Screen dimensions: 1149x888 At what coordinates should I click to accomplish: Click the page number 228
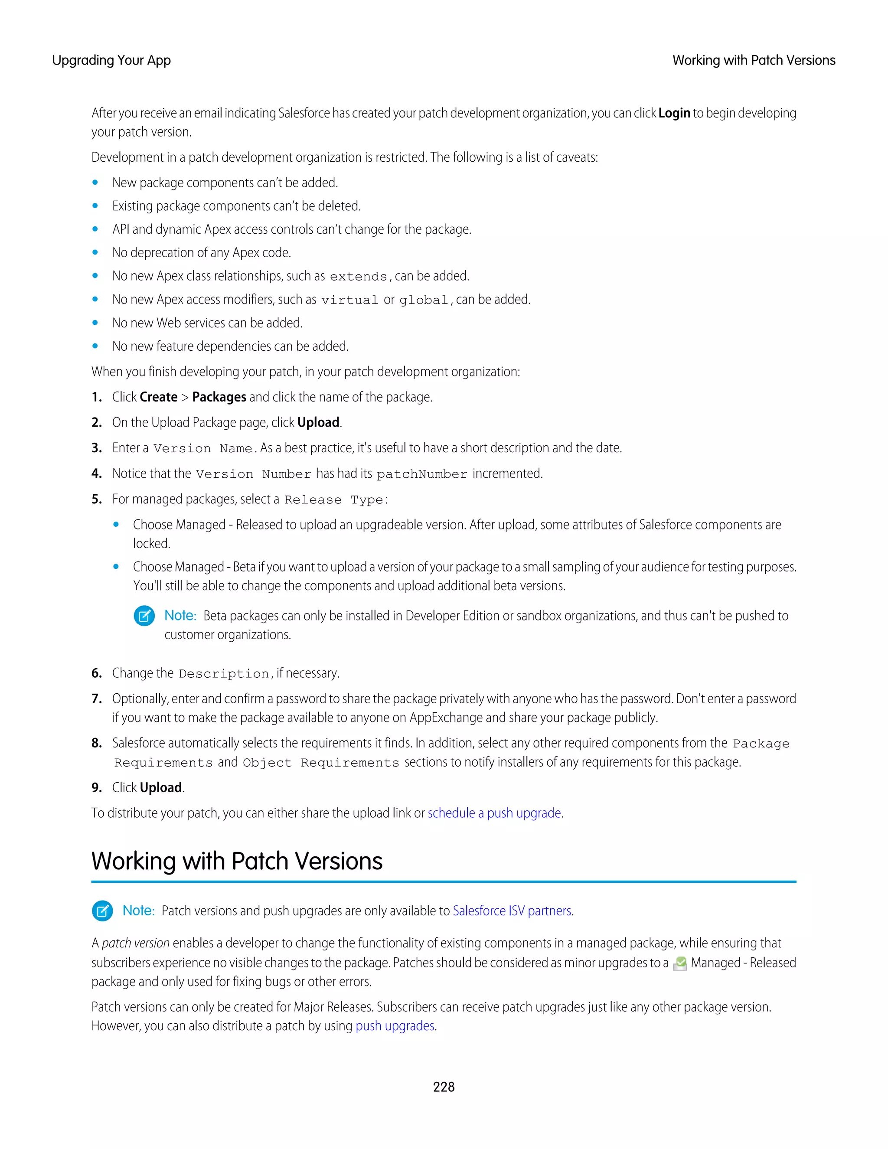(444, 1087)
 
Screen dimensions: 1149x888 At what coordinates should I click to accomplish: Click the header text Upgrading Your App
(111, 61)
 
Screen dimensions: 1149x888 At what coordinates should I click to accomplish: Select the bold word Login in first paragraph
(674, 113)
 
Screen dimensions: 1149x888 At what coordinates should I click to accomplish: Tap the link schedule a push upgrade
(494, 813)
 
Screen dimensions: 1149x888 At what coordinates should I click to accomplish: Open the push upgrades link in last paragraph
(395, 1026)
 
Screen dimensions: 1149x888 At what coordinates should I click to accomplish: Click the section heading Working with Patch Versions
(237, 861)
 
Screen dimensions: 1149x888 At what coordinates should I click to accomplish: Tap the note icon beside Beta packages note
(144, 616)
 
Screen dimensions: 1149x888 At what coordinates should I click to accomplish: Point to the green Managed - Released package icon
(680, 963)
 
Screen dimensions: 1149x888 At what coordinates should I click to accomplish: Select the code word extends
(358, 277)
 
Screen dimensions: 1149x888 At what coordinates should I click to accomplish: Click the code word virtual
(349, 300)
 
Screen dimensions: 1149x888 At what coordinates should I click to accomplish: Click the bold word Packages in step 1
(219, 397)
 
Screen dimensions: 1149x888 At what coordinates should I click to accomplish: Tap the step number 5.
(96, 499)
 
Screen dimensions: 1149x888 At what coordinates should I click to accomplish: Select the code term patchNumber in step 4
(422, 474)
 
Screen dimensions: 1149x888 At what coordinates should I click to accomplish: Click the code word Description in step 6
(224, 674)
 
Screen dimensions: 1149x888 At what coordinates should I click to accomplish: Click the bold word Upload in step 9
(161, 787)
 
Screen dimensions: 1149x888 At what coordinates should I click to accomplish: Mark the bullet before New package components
(95, 183)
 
